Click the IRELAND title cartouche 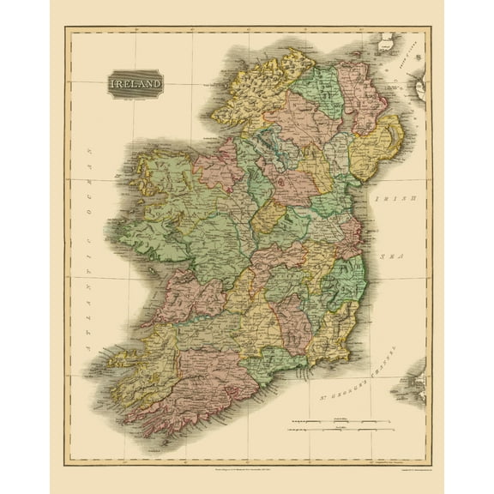[135, 84]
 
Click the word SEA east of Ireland [395, 255]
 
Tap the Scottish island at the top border [386, 40]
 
